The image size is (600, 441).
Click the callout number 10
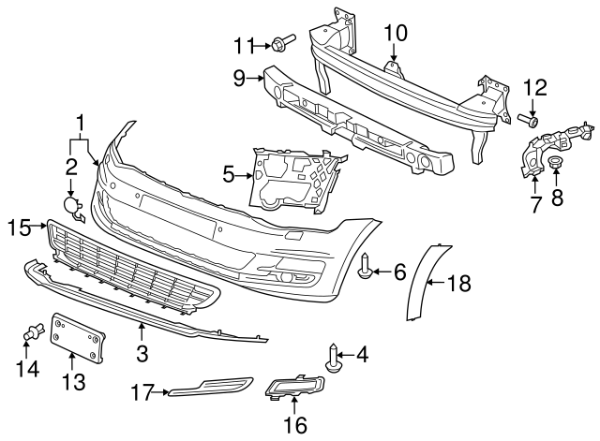(x=396, y=32)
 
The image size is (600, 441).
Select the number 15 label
(x=20, y=226)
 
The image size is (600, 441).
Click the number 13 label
(x=73, y=381)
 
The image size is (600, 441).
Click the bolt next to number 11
(x=282, y=42)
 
